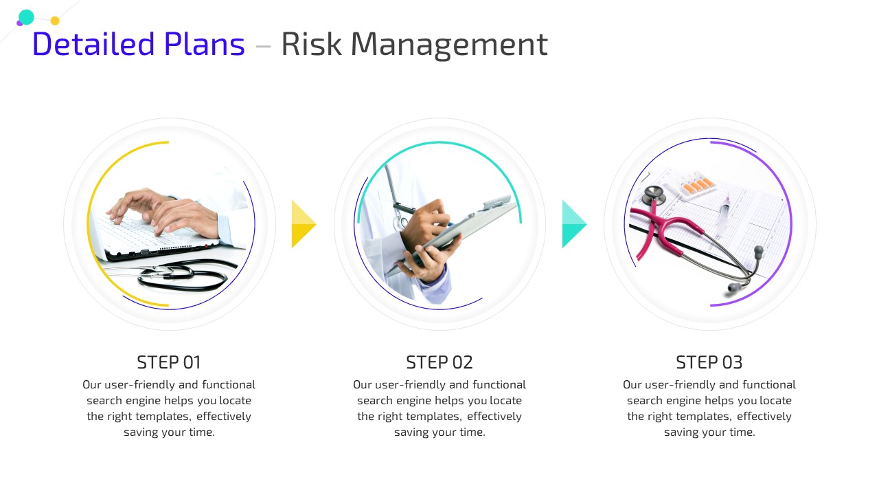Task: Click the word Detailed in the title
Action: click(x=93, y=43)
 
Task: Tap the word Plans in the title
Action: click(x=204, y=43)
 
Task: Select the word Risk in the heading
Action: click(x=311, y=43)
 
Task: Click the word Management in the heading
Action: click(x=449, y=45)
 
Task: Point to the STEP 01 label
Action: click(x=169, y=362)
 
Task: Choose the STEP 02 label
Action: click(x=439, y=362)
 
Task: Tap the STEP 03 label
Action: click(x=709, y=362)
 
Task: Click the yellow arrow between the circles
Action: click(x=304, y=224)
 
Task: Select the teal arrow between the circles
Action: click(x=575, y=224)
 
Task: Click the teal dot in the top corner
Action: click(x=26, y=17)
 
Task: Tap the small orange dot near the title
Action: click(x=55, y=21)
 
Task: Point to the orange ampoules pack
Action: click(x=697, y=185)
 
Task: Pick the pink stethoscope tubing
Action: click(x=663, y=232)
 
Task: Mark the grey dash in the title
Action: click(x=263, y=46)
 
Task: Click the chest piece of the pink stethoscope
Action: click(x=654, y=195)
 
